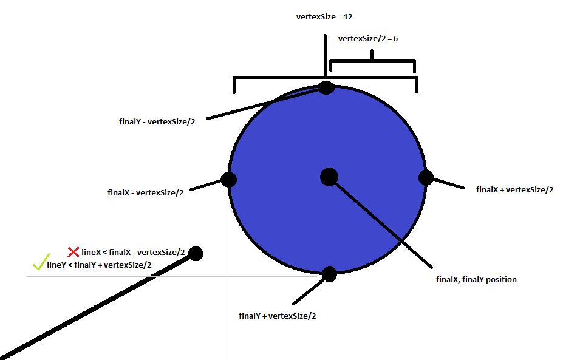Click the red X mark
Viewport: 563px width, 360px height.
pyautogui.click(x=73, y=251)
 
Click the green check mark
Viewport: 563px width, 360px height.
pyautogui.click(x=39, y=263)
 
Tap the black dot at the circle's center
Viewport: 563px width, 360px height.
pyautogui.click(x=329, y=177)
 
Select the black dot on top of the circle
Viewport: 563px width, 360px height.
pyautogui.click(x=326, y=87)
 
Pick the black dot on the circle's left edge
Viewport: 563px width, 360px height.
pyautogui.click(x=228, y=180)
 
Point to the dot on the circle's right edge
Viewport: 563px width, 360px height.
pyautogui.click(x=426, y=177)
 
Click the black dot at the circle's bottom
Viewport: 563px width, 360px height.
pyautogui.click(x=329, y=274)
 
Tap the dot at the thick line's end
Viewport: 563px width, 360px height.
pyautogui.click(x=196, y=253)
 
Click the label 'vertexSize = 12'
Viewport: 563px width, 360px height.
pyautogui.click(x=324, y=17)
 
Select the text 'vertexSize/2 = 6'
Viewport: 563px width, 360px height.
pyautogui.click(x=367, y=38)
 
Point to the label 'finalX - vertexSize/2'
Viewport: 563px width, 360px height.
pyautogui.click(x=145, y=193)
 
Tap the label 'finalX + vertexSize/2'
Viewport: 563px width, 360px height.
pyautogui.click(x=514, y=189)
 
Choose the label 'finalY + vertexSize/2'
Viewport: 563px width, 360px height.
pyautogui.click(x=278, y=316)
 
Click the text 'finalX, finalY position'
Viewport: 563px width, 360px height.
pyautogui.click(x=476, y=280)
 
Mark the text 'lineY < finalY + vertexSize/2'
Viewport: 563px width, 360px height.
pyautogui.click(x=99, y=264)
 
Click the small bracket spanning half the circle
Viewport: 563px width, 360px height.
pyautogui.click(x=372, y=61)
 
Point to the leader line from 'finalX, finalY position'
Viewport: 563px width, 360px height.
pyautogui.click(x=383, y=225)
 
